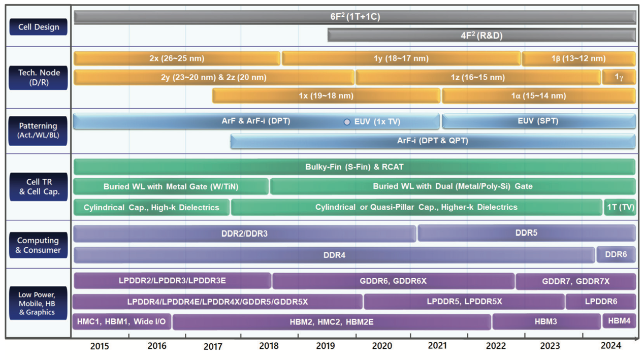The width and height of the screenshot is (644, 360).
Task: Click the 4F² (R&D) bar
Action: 481,36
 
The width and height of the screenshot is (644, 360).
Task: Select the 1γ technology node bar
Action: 619,77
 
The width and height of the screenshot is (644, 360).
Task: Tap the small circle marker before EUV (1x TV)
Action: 347,122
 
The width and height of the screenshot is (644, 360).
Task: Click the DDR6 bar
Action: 616,254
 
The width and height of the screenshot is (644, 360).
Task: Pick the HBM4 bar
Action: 619,320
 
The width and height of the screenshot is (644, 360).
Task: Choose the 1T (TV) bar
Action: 620,207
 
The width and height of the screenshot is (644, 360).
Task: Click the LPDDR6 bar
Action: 601,301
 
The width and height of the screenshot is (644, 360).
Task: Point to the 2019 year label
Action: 326,346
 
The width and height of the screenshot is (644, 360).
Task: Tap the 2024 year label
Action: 611,345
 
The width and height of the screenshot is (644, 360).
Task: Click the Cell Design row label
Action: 39,27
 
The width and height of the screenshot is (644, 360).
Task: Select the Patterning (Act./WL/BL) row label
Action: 38,130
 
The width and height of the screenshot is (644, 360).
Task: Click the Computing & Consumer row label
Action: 38,245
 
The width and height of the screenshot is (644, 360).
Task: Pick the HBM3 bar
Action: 546,321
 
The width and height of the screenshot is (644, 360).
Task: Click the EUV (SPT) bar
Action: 538,121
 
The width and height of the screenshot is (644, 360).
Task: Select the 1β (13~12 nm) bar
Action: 579,58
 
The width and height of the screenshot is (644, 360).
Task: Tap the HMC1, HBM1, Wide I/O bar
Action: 121,321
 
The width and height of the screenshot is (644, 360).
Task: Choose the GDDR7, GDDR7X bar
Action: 576,281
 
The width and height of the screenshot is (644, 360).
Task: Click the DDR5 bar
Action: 526,233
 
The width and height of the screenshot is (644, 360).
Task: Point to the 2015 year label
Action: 100,346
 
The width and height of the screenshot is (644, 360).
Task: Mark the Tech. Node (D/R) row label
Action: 39,78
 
